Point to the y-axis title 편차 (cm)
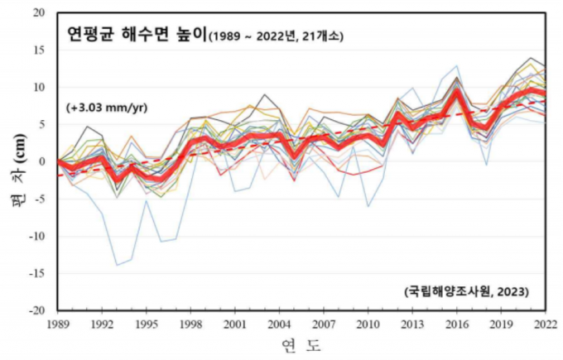(x=20, y=174)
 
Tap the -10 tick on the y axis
(x=38, y=236)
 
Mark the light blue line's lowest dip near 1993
(x=117, y=265)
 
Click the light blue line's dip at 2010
(x=368, y=206)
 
